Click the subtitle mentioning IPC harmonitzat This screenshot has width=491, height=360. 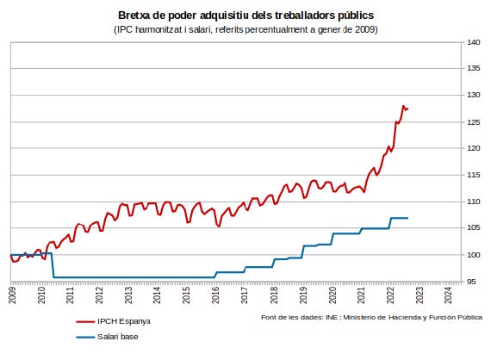[x=245, y=29]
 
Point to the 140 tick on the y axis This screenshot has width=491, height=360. [x=474, y=42]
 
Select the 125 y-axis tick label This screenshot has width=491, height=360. [x=474, y=122]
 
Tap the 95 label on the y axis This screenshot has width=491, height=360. [x=471, y=282]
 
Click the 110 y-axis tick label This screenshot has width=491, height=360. [x=474, y=202]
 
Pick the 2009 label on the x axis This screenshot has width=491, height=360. [x=12, y=295]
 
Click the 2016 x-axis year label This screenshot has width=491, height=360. [x=215, y=295]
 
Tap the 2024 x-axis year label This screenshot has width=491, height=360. [x=448, y=295]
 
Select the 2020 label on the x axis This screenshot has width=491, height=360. [x=332, y=295]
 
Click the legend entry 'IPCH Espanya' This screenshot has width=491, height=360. [x=124, y=321]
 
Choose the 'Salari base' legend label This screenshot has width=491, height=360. [x=118, y=337]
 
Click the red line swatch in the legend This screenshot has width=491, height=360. [x=85, y=321]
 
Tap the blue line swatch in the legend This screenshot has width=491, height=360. [x=85, y=337]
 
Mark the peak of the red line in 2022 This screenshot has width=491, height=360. [x=403, y=106]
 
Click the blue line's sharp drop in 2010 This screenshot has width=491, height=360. [x=53, y=265]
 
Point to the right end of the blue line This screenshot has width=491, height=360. [x=407, y=218]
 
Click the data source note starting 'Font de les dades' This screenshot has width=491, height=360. [x=371, y=318]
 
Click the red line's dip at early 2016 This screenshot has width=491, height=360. [x=219, y=226]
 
